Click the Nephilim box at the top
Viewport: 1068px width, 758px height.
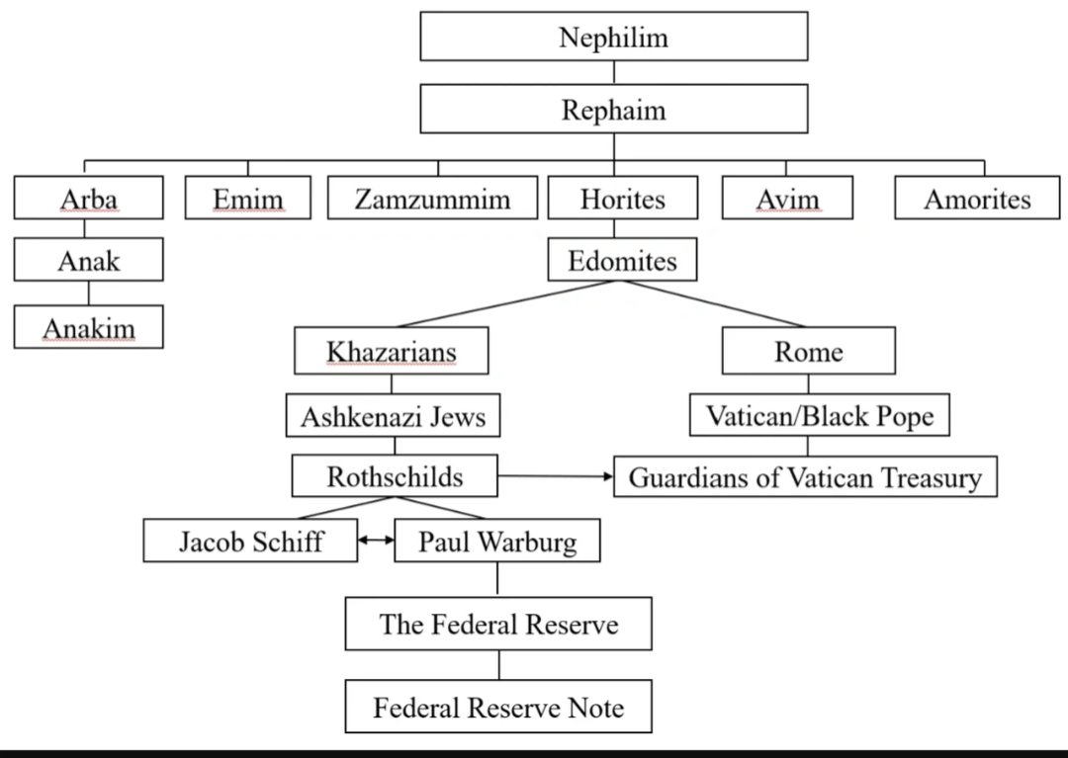(x=613, y=37)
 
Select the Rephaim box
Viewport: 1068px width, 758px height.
(x=613, y=109)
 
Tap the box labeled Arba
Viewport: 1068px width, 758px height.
(x=88, y=199)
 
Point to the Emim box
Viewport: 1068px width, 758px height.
(x=247, y=199)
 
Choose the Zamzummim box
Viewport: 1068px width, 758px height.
(x=432, y=199)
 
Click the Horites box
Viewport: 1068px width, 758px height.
(x=622, y=199)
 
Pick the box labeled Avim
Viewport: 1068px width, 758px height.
(x=787, y=199)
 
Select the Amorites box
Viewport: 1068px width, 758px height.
(x=976, y=199)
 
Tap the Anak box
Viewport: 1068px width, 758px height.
(x=88, y=261)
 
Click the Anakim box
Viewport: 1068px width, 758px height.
(x=88, y=326)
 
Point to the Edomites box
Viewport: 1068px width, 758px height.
(x=622, y=261)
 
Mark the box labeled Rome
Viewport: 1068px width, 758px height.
(x=808, y=352)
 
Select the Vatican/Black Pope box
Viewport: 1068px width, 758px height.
(x=819, y=416)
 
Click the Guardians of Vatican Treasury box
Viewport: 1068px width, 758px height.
(x=805, y=478)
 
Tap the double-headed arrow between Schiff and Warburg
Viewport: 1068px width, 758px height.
(x=376, y=541)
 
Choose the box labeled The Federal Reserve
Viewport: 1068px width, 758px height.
(x=498, y=624)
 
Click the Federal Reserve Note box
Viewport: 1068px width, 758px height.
(x=498, y=707)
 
